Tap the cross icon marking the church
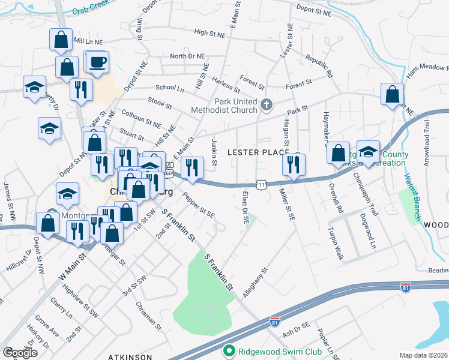(267, 106)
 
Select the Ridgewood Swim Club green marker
(228, 351)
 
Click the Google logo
(20, 352)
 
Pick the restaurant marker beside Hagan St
(294, 164)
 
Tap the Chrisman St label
(151, 316)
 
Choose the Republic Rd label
(319, 67)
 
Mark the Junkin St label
(214, 148)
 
